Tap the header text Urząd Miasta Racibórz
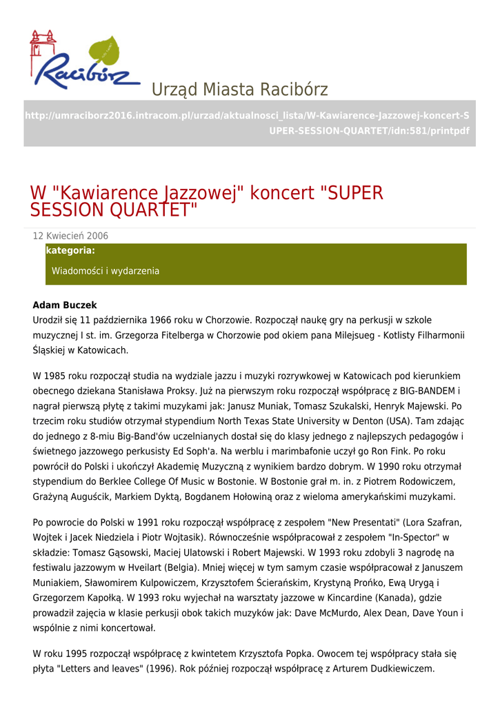(239, 90)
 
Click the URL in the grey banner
(247, 123)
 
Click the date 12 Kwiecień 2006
(70, 236)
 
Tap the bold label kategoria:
(70, 251)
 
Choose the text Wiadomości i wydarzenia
(105, 271)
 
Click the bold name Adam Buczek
(65, 305)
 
